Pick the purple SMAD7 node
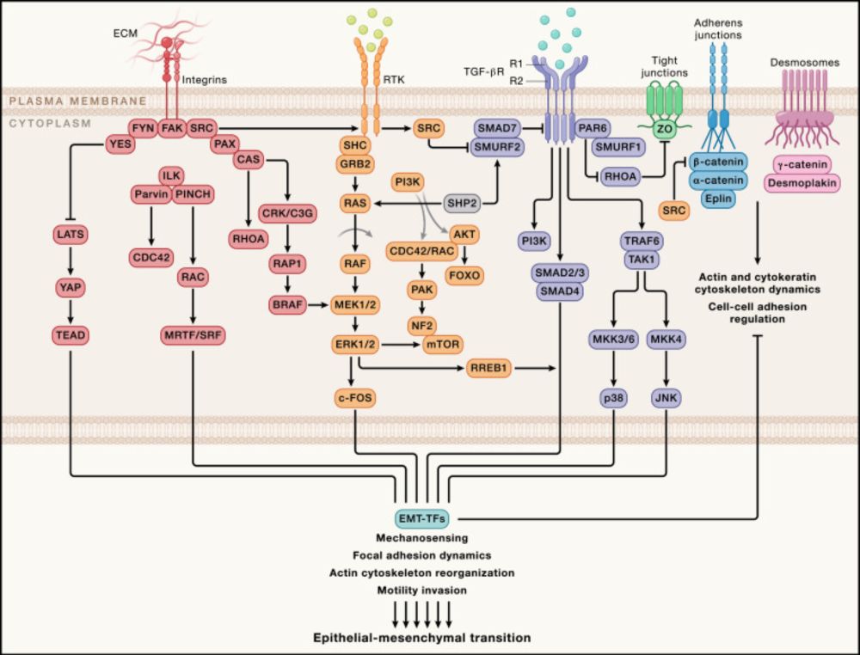point(496,127)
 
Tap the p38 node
point(614,398)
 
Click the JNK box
point(667,398)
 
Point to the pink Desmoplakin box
point(802,183)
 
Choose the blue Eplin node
point(722,198)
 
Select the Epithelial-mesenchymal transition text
point(422,638)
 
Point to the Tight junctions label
point(664,66)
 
